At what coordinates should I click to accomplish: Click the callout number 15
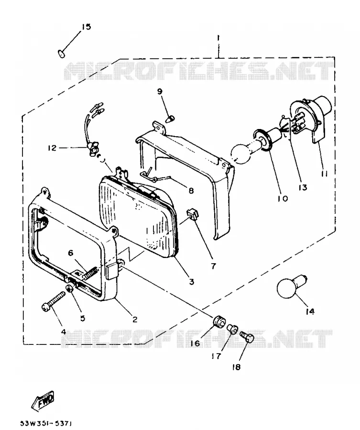(86, 27)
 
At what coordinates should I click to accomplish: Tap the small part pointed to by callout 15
(61, 54)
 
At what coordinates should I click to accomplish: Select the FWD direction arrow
(43, 399)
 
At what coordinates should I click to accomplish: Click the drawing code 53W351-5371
(46, 423)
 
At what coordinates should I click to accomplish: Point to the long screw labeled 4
(54, 301)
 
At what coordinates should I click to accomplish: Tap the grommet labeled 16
(219, 321)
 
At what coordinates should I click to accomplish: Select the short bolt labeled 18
(247, 336)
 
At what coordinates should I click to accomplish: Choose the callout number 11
(324, 173)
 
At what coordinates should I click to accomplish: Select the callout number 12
(52, 148)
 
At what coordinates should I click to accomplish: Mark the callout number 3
(192, 281)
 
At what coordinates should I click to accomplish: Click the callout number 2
(135, 319)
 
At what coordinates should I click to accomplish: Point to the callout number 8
(191, 190)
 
